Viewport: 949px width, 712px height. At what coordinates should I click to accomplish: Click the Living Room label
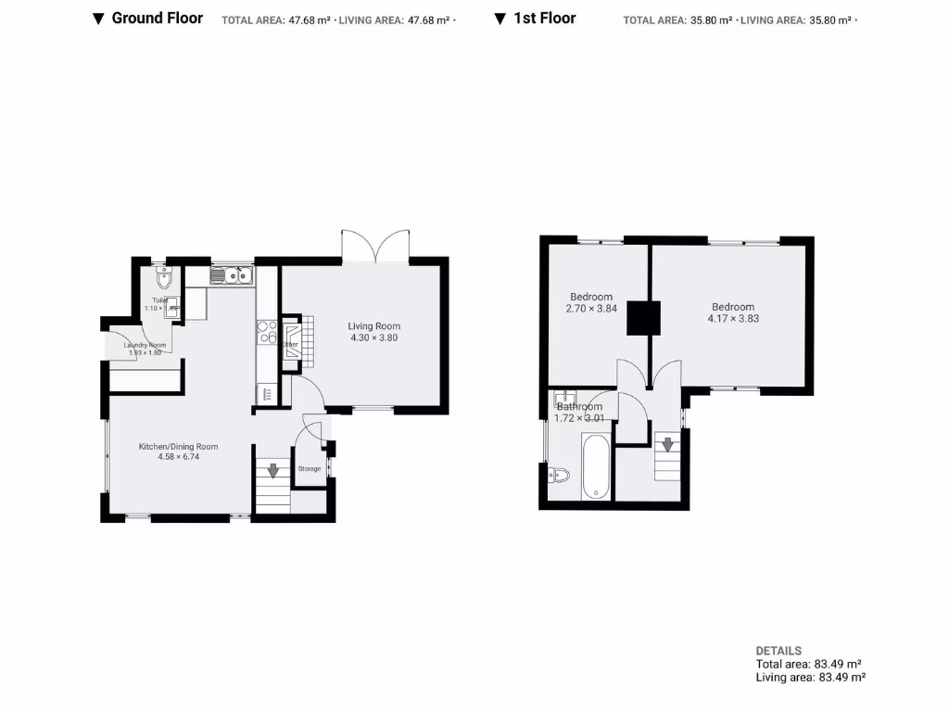(373, 326)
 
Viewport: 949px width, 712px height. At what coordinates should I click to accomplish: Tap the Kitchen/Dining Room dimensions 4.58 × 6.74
(179, 457)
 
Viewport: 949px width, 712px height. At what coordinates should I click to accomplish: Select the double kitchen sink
(232, 275)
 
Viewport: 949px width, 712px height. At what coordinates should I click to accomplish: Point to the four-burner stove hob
(267, 332)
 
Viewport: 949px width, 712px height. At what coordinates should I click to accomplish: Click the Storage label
(310, 469)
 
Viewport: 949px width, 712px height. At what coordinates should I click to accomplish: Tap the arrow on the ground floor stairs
(272, 470)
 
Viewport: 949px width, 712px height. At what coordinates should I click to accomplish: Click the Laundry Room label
(144, 345)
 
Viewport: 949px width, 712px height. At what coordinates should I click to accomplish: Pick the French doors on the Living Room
(375, 246)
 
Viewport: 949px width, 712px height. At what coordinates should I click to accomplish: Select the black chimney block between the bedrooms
(642, 318)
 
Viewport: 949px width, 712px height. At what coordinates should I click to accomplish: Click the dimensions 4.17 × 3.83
(733, 319)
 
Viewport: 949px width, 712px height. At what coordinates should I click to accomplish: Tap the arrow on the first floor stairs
(667, 445)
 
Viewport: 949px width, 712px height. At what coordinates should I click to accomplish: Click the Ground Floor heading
(157, 18)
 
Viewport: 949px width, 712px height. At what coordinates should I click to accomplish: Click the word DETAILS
(778, 651)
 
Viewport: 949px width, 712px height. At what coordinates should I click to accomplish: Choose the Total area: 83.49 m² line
(808, 664)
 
